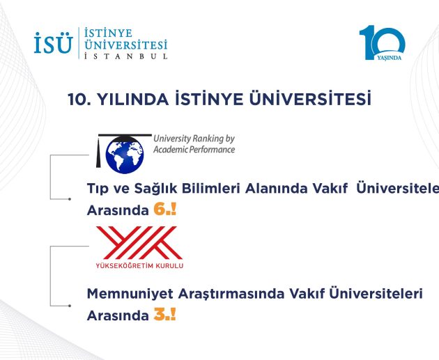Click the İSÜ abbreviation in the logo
54,42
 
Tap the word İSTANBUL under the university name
126,56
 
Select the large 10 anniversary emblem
382,42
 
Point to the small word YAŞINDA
389,58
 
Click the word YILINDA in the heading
132,100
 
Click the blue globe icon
125,155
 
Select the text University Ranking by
194,139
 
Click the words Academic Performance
194,150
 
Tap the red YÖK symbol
139,242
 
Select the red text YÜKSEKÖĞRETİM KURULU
139,265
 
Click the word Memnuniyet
130,294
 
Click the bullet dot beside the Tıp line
70,199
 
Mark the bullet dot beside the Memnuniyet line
70,306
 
